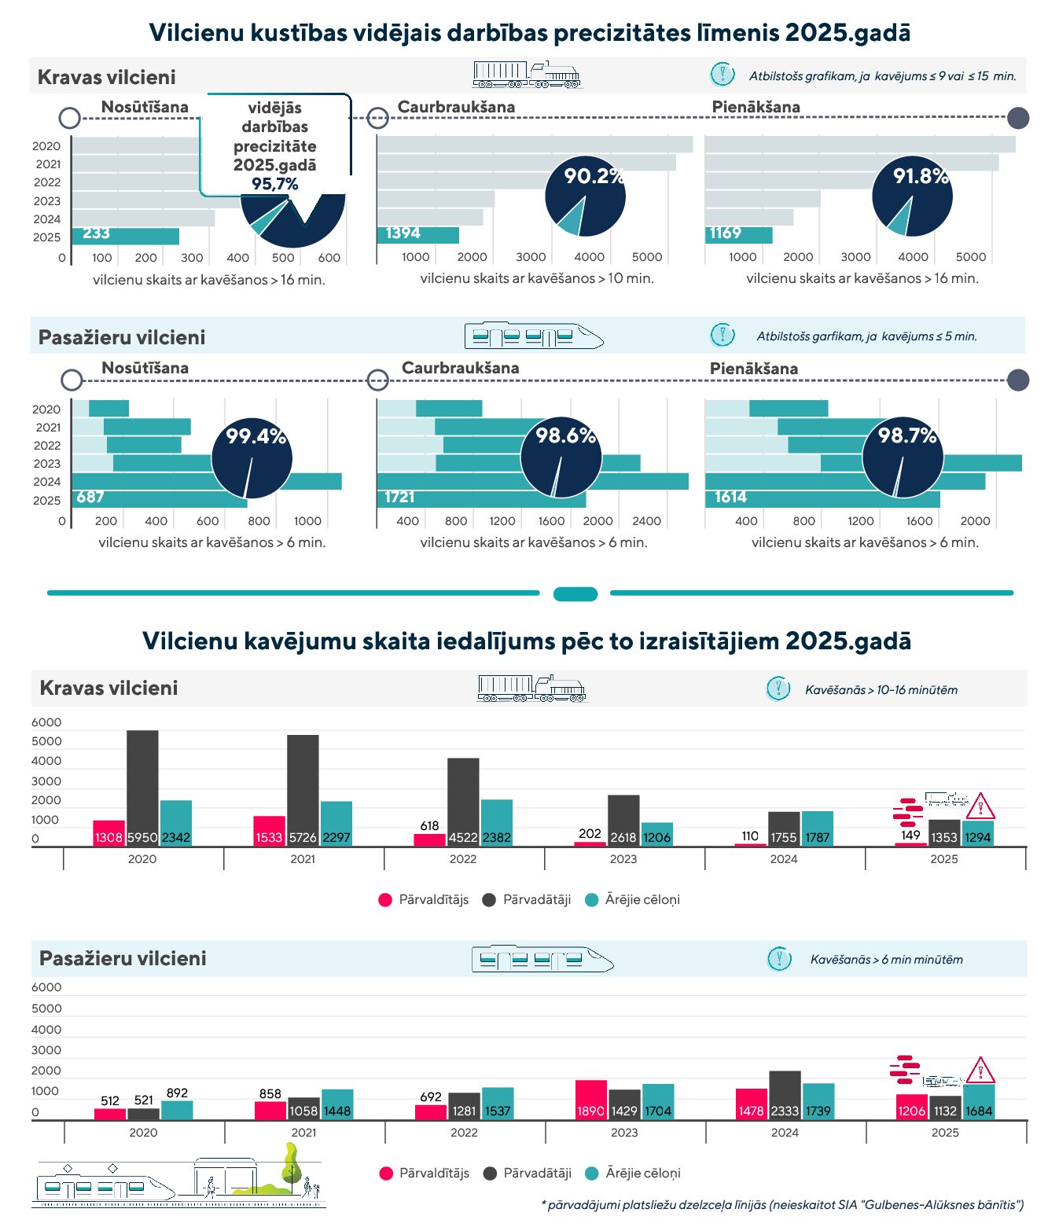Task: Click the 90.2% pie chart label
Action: (x=594, y=176)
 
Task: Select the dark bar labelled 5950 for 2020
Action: (x=142, y=788)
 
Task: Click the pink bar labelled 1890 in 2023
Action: (x=590, y=1100)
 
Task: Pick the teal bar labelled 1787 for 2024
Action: (x=817, y=828)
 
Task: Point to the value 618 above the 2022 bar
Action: (x=429, y=825)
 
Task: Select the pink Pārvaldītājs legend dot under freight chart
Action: (x=385, y=900)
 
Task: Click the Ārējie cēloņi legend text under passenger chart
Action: (x=642, y=1173)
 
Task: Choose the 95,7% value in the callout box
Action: (x=274, y=184)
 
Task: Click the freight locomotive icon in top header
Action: (x=527, y=75)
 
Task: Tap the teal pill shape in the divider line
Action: (x=575, y=593)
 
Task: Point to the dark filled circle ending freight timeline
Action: (x=1017, y=118)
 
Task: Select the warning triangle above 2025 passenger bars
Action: (x=980, y=1071)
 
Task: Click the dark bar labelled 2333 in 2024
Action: (x=785, y=1094)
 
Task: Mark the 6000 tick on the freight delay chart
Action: (x=46, y=722)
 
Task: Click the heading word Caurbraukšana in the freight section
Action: (x=456, y=107)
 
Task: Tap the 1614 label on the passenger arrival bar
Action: (x=730, y=497)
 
